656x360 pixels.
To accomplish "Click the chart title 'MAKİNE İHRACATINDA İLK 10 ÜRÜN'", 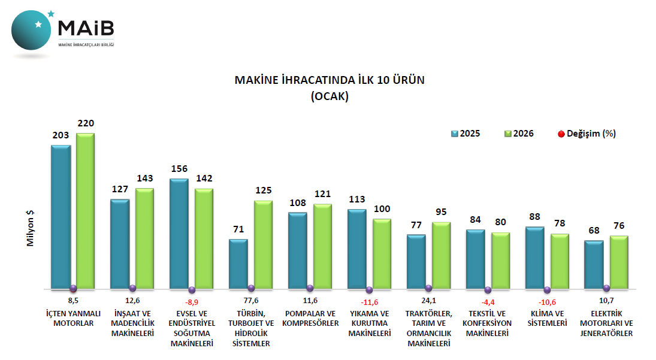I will click(329, 81).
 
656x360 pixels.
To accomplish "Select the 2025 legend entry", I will click(465, 134).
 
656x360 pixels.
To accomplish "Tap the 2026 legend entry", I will click(519, 134).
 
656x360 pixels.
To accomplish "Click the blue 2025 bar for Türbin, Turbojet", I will click(238, 264).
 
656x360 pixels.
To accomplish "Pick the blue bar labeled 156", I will click(179, 234).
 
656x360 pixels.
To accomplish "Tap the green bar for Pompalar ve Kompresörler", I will click(322, 246).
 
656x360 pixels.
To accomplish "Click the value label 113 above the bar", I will click(357, 199).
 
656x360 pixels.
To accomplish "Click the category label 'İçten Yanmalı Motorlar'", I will click(73, 318).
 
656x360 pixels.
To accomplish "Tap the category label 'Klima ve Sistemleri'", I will click(548, 318).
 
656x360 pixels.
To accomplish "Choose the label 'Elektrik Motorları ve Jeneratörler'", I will click(606, 323).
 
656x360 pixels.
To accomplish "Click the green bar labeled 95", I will click(441, 255).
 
